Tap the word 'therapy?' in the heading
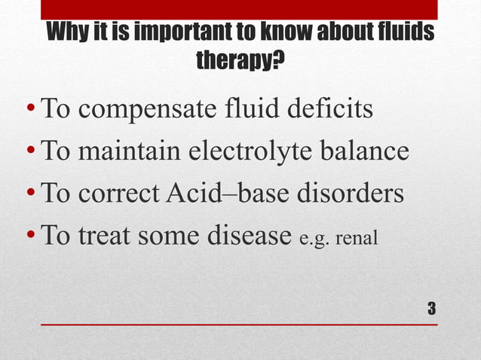(x=240, y=58)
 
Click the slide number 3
(x=431, y=308)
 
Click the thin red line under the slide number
(x=240, y=325)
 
